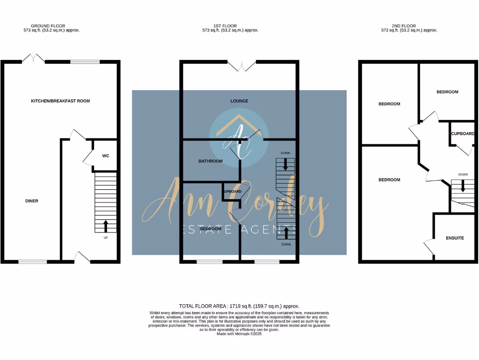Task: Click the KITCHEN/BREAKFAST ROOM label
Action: tap(60, 101)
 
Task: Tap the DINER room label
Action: tap(32, 201)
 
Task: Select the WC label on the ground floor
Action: tap(106, 156)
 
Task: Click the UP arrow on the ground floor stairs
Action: tap(105, 226)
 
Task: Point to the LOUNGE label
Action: tap(239, 101)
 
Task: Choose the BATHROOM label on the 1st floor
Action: tap(210, 161)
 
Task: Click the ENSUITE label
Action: tap(454, 238)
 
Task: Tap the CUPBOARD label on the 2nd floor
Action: tap(463, 134)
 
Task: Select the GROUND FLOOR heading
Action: tap(48, 26)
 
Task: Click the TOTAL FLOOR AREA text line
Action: tap(239, 306)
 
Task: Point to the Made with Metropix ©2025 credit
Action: tap(239, 334)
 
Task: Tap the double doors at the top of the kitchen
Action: tap(33, 60)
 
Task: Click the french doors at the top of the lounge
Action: tap(242, 66)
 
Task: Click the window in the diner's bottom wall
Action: tap(33, 262)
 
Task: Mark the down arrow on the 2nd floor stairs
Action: tap(463, 186)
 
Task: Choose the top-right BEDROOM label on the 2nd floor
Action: tap(447, 92)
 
